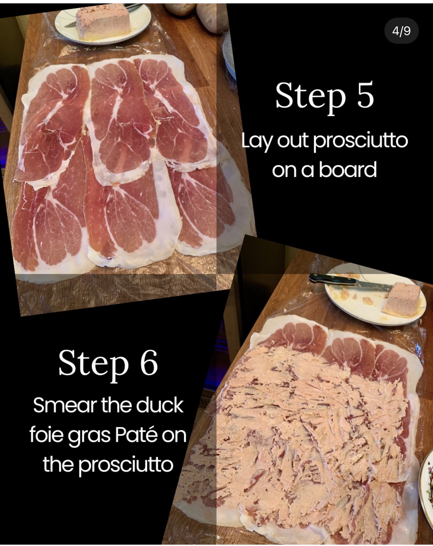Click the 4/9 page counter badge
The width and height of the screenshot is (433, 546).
pyautogui.click(x=401, y=31)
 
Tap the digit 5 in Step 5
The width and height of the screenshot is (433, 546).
pyautogui.click(x=365, y=94)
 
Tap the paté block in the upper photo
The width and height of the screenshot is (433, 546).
pyautogui.click(x=103, y=23)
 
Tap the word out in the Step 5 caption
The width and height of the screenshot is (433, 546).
pyautogui.click(x=293, y=141)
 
